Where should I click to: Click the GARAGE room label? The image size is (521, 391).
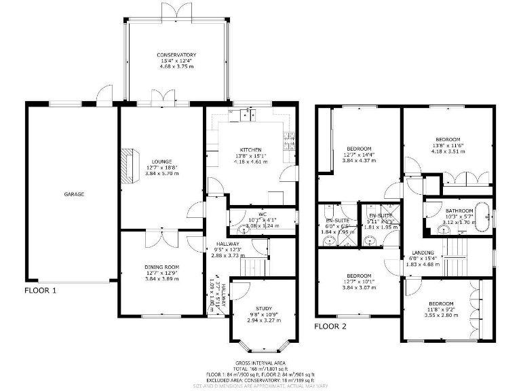[x=74, y=195]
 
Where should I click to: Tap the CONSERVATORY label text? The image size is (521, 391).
[x=176, y=55]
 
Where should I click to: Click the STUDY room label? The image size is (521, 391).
[x=264, y=308]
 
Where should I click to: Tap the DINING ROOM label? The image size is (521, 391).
[x=162, y=267]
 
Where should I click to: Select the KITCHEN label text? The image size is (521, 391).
[x=250, y=150]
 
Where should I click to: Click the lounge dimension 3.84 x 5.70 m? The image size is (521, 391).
[x=162, y=174]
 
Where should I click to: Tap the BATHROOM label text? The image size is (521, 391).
[x=459, y=210]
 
